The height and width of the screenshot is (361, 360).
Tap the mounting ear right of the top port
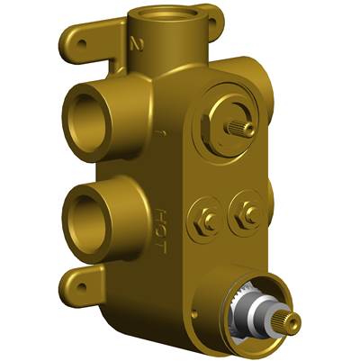(x=210, y=14)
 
